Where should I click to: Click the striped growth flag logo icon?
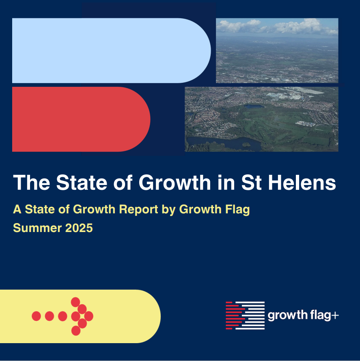click(x=245, y=316)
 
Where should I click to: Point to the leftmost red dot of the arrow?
click(x=36, y=316)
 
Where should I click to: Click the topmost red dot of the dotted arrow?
click(x=75, y=302)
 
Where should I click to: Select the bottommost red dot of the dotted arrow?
click(x=75, y=331)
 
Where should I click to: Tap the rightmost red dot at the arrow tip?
click(x=88, y=316)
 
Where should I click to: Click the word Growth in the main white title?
click(x=175, y=183)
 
